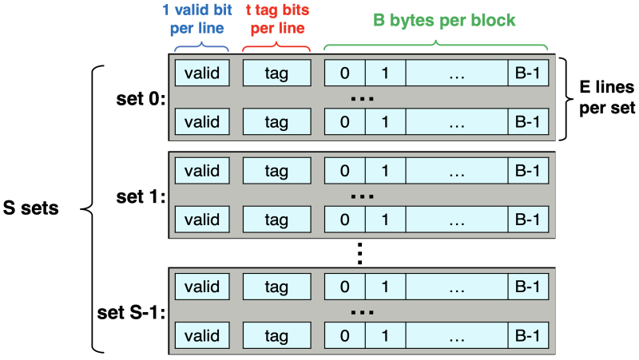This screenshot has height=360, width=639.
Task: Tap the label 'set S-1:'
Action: coord(130,311)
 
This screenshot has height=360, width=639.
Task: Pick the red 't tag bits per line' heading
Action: coord(276,24)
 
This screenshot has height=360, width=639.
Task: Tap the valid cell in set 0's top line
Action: coord(202,72)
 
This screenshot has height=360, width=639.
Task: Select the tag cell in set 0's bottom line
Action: coord(276,122)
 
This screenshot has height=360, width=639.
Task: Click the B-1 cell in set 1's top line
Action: coord(527,170)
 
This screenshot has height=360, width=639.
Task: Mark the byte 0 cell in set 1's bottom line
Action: coord(345,219)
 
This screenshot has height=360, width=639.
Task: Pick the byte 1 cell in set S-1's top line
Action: coord(385,285)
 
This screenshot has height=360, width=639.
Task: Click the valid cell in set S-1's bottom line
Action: coord(202,334)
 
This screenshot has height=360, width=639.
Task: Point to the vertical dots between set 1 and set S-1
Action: coord(361,253)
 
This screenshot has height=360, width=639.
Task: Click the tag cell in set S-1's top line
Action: coord(276,285)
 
